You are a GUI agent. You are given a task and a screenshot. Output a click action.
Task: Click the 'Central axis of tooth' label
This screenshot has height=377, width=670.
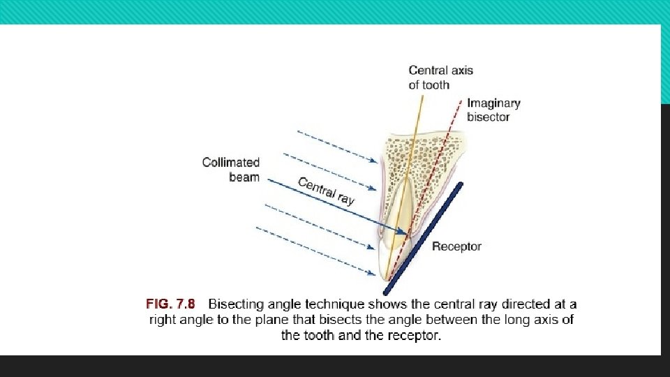tap(440, 77)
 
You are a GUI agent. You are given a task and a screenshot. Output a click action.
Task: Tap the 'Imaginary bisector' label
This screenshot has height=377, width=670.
tap(493, 110)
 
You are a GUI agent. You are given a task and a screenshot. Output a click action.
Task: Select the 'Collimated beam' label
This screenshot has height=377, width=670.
tap(230, 170)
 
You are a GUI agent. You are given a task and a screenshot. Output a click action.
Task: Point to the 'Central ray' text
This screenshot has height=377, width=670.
tap(326, 190)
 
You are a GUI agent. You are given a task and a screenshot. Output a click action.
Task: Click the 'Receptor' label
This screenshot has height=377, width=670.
tap(456, 246)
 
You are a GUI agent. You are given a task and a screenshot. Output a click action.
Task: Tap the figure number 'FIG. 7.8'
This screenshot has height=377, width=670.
tap(171, 304)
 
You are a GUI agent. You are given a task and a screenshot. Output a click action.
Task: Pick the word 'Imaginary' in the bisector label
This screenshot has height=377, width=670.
tap(493, 103)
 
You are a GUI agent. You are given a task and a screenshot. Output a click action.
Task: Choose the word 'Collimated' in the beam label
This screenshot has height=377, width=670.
tap(230, 163)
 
